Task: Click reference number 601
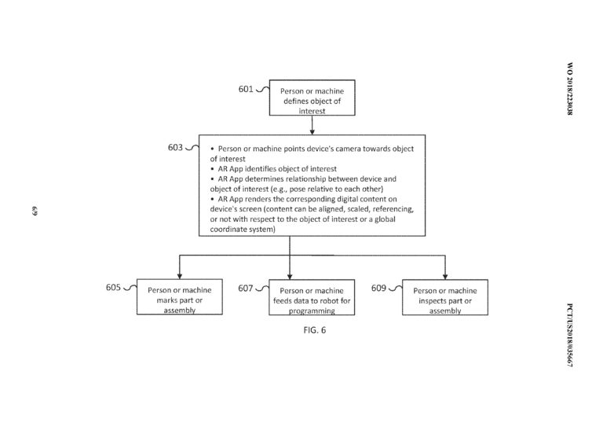click(246, 89)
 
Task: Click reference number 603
click(175, 148)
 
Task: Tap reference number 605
click(113, 287)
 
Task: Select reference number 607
click(245, 288)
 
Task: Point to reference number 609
click(378, 288)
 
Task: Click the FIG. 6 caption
click(315, 330)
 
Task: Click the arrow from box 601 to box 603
click(312, 125)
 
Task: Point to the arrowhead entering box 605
click(179, 277)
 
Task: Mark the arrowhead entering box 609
click(445, 277)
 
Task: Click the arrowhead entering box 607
click(290, 277)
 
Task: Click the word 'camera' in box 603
click(349, 149)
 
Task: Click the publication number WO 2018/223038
click(570, 89)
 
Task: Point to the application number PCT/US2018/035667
click(570, 335)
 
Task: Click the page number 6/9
click(35, 212)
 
